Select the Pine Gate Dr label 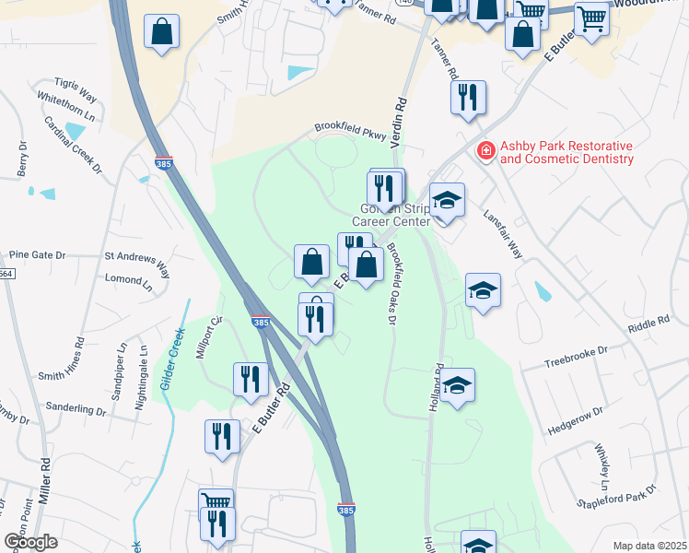[x=37, y=254]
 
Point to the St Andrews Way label [x=137, y=262]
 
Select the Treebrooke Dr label [x=577, y=351]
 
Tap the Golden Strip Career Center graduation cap [x=448, y=199]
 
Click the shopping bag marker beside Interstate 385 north [x=162, y=32]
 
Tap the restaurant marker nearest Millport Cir [x=251, y=378]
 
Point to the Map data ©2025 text [x=649, y=546]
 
